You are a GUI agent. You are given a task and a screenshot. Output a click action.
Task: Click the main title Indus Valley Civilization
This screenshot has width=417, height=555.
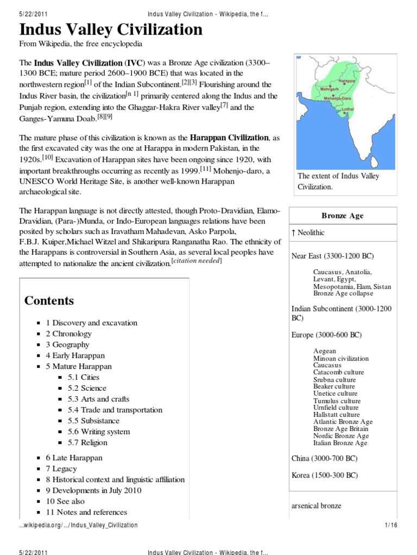tap(111, 29)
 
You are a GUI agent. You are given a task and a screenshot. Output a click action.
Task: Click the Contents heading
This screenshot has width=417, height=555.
tap(49, 301)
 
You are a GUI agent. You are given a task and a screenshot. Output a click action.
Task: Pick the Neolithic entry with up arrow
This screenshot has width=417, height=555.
tap(308, 233)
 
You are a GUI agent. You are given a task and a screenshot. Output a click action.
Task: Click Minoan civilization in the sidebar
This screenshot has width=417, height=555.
tap(340, 359)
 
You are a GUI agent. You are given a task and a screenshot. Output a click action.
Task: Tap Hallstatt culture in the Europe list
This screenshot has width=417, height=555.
tap(336, 415)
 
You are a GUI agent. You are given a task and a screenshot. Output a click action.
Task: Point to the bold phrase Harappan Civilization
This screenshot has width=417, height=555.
tap(229, 138)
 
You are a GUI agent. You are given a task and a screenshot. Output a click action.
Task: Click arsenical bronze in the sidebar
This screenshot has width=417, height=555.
tap(317, 506)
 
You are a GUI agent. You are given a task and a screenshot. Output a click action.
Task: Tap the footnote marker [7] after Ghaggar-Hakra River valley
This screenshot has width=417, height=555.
tap(224, 106)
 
